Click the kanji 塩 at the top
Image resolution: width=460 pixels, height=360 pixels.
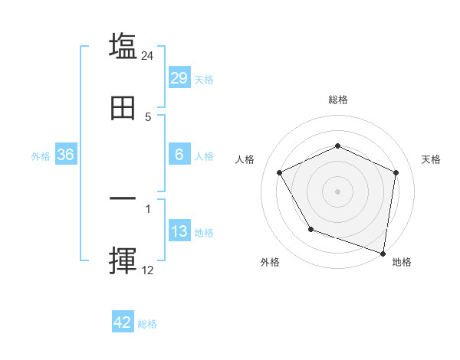123,47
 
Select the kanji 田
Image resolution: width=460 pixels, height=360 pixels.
123,109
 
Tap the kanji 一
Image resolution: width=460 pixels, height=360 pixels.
123,199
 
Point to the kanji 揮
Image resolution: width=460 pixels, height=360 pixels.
123,261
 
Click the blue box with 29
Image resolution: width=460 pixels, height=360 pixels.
179,78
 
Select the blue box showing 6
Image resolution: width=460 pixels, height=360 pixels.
179,155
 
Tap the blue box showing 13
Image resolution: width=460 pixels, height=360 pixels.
179,231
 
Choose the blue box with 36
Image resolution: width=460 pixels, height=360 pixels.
66,155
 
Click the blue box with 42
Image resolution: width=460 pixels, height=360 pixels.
123,322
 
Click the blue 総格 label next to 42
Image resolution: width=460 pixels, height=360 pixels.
147,324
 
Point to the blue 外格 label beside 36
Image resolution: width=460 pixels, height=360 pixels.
41,156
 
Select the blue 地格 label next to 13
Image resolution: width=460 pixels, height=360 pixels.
204,233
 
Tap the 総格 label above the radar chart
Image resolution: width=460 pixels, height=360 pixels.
338,100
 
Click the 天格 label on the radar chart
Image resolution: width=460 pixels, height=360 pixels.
432,159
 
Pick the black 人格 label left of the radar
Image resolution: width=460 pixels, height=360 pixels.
245,159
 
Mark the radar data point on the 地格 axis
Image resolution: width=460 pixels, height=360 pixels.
383,253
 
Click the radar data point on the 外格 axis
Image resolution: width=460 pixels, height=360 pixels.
310,229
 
